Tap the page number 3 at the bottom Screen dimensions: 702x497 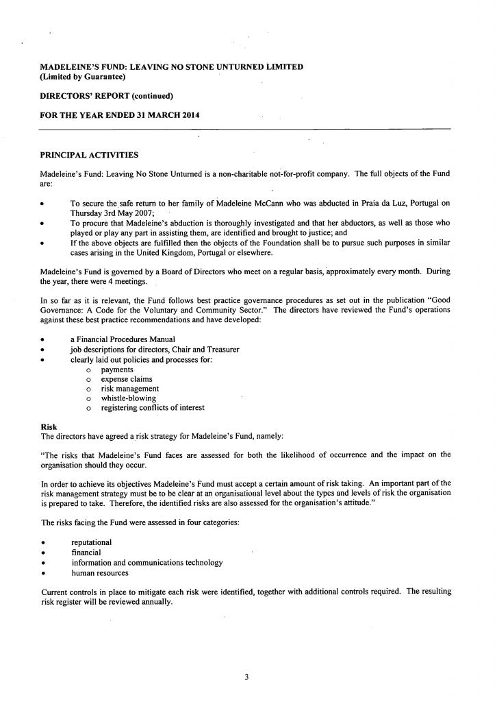246,677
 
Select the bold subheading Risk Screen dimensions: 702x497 49,426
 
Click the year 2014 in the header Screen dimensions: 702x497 191,115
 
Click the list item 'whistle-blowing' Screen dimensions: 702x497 128,398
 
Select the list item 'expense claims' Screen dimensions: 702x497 127,379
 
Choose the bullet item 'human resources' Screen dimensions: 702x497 99,573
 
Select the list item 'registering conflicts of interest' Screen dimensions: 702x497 152,408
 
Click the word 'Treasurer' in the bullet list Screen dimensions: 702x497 222,350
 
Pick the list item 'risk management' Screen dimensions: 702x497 129,389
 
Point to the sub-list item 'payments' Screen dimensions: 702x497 117,370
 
